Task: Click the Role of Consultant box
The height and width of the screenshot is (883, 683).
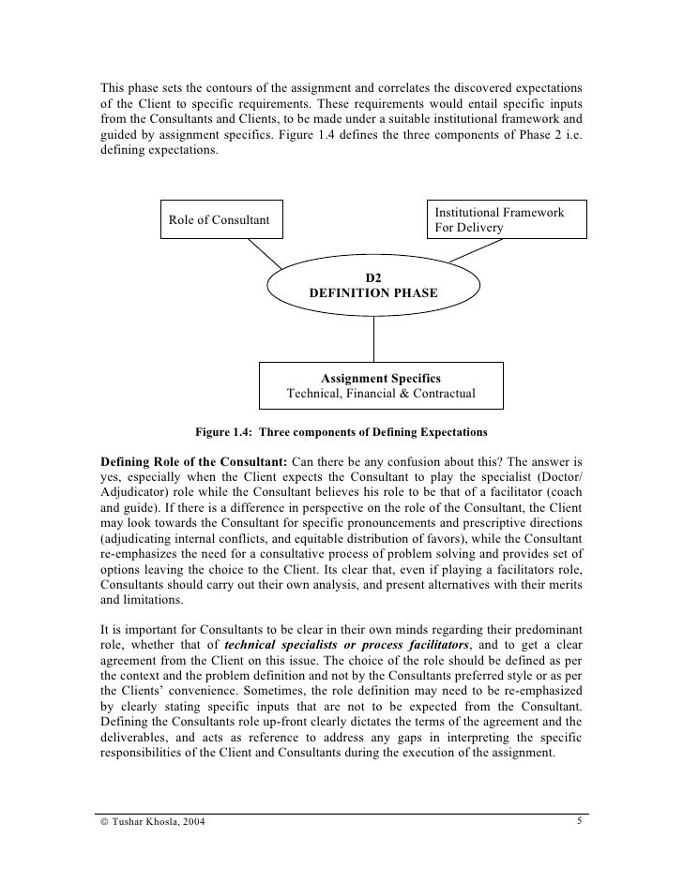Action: tap(219, 220)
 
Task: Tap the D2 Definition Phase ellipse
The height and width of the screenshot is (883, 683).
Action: tap(373, 285)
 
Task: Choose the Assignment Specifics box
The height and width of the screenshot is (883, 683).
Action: tap(381, 385)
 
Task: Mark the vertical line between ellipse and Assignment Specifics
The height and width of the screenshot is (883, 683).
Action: tap(375, 339)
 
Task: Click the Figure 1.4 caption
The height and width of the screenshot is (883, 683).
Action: tap(341, 433)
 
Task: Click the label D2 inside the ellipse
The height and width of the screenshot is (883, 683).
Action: tap(373, 277)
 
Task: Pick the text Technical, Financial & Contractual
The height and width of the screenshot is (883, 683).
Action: tap(381, 394)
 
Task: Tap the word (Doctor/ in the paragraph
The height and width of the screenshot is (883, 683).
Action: tap(560, 480)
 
